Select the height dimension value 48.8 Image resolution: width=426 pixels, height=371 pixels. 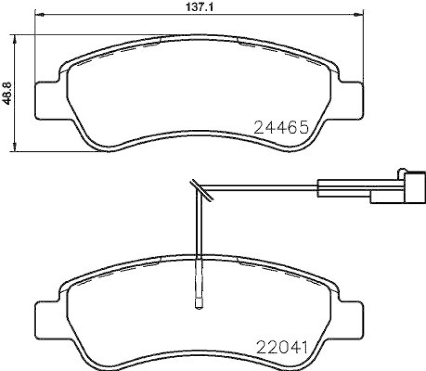pos(7,94)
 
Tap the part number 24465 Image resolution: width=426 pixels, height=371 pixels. pos(282,127)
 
